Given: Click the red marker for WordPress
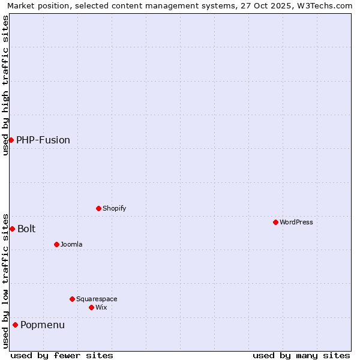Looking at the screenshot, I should [275, 222].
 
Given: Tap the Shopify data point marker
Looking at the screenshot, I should [98, 208].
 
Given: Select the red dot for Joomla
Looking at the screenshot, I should [56, 244].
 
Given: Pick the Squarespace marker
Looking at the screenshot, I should [72, 299].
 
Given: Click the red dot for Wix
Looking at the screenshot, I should [91, 307].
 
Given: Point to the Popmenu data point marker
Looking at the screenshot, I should [15, 325].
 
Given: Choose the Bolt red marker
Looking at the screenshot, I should [12, 229].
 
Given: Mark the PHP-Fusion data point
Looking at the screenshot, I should [11, 140].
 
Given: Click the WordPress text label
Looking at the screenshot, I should [296, 222].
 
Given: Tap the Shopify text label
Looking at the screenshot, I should [115, 208].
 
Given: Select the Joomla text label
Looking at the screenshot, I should [71, 244].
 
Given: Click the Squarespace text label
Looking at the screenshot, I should [97, 299].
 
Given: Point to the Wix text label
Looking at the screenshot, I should [101, 307].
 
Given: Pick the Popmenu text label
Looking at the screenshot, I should [43, 325].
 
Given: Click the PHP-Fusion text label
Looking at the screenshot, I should [43, 140].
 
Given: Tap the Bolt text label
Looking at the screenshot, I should [26, 229].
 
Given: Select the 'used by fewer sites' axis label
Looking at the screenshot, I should [62, 355].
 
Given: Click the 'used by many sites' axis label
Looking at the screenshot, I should [301, 355].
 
